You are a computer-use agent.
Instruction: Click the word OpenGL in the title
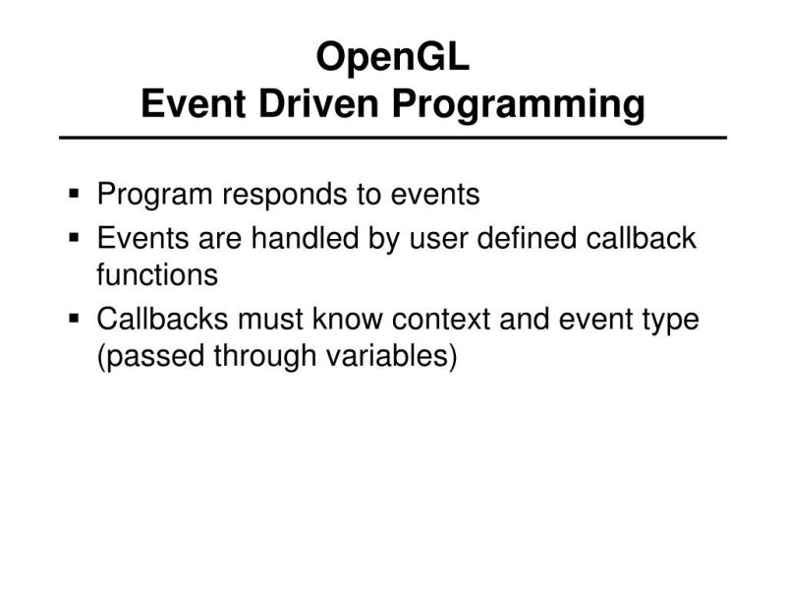pyautogui.click(x=393, y=58)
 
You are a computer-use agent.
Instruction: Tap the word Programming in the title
pyautogui.click(x=519, y=104)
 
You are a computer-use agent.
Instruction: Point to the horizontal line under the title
pyautogui.click(x=393, y=138)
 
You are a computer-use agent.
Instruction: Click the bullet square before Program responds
pyautogui.click(x=75, y=195)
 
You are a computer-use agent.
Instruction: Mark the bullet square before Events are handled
pyautogui.click(x=75, y=238)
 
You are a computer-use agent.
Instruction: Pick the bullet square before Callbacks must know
pyautogui.click(x=75, y=320)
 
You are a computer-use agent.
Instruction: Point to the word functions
pyautogui.click(x=156, y=274)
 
